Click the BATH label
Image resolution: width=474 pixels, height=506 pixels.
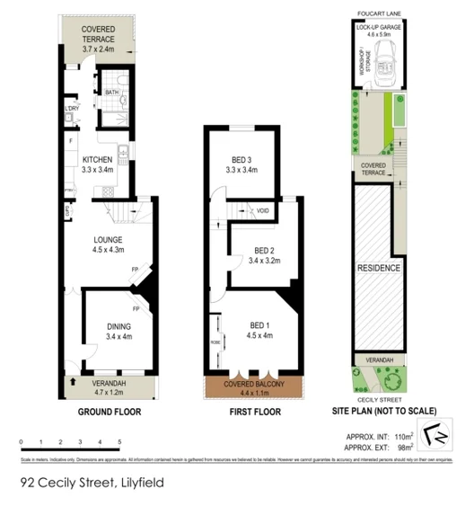coord(112,92)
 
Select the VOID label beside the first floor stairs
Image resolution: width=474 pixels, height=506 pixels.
coord(263,211)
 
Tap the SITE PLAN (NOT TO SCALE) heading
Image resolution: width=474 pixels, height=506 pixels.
coord(381,413)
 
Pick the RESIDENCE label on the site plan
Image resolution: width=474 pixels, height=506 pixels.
coord(378,268)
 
